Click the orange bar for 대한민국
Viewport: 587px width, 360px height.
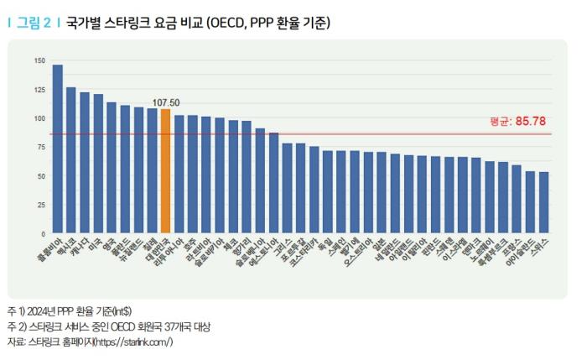pyautogui.click(x=165, y=171)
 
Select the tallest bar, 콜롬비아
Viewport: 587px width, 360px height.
pyautogui.click(x=58, y=149)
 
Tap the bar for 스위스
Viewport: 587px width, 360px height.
pyautogui.click(x=544, y=202)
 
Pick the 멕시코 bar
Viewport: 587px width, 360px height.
pyautogui.click(x=71, y=160)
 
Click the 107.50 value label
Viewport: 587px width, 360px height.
pyautogui.click(x=165, y=102)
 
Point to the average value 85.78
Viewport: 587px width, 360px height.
pyautogui.click(x=533, y=121)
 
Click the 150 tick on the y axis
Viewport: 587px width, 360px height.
pyautogui.click(x=39, y=60)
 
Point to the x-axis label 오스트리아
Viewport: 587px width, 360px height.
pyautogui.click(x=359, y=253)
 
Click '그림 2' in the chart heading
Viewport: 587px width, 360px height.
pyautogui.click(x=34, y=23)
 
